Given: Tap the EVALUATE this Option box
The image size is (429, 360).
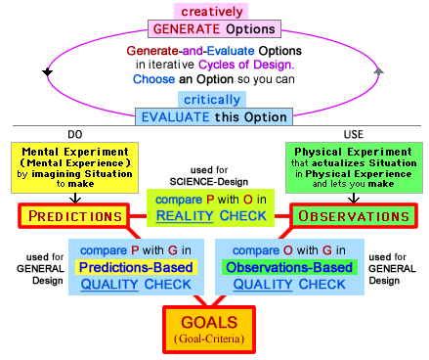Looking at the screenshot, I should click(x=213, y=116).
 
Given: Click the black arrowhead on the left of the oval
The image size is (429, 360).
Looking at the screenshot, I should click(x=46, y=72).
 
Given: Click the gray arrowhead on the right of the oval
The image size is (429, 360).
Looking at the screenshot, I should click(x=379, y=71).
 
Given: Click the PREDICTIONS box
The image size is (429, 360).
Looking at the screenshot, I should click(x=74, y=215).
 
